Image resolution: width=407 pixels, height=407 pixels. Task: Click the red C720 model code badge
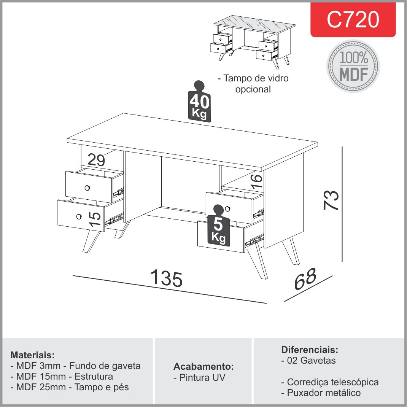coord(353,20)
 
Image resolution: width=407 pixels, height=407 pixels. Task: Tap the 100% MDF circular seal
coord(353,66)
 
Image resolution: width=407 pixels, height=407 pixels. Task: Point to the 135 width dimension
coord(167,278)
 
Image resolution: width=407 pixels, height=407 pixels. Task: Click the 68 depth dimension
coord(305,280)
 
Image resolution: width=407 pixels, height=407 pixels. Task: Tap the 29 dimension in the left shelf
coord(96,160)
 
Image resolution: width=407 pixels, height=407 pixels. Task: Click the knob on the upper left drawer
coord(87,188)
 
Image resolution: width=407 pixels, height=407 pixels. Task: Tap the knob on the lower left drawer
coord(79,216)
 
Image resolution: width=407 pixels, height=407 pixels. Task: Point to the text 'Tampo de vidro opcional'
coord(253,84)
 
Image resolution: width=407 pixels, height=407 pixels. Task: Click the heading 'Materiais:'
coord(33,355)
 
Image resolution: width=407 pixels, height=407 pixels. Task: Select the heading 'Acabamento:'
coord(203,367)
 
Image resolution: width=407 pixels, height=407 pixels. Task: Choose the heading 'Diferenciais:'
coord(309,350)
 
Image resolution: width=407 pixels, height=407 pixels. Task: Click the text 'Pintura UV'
coord(199,378)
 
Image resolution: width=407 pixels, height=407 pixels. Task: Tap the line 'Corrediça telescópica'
coord(330,382)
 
